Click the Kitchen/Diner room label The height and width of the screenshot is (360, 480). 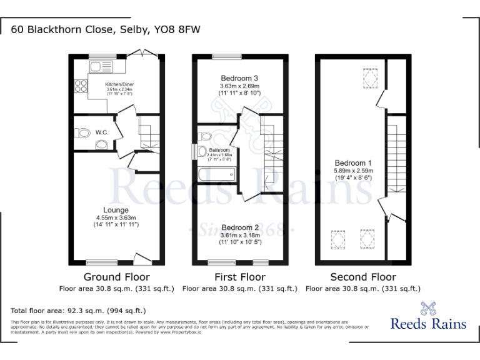pyautogui.click(x=119, y=84)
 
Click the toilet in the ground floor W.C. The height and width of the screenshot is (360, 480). pyautogui.click(x=81, y=132)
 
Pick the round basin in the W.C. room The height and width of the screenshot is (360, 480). pyautogui.click(x=101, y=144)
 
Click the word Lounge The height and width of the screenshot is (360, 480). pyautogui.click(x=116, y=210)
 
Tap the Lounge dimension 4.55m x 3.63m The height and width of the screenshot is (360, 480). pyautogui.click(x=116, y=217)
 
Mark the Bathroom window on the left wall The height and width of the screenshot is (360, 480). pyautogui.click(x=195, y=152)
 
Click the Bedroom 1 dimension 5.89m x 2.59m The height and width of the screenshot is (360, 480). pyautogui.click(x=353, y=171)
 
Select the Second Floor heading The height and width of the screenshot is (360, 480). pyautogui.click(x=363, y=277)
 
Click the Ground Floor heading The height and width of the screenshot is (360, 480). pyautogui.click(x=116, y=277)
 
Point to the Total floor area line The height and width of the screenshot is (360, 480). pyautogui.click(x=78, y=311)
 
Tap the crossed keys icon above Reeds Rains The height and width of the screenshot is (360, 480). pyautogui.click(x=427, y=307)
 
